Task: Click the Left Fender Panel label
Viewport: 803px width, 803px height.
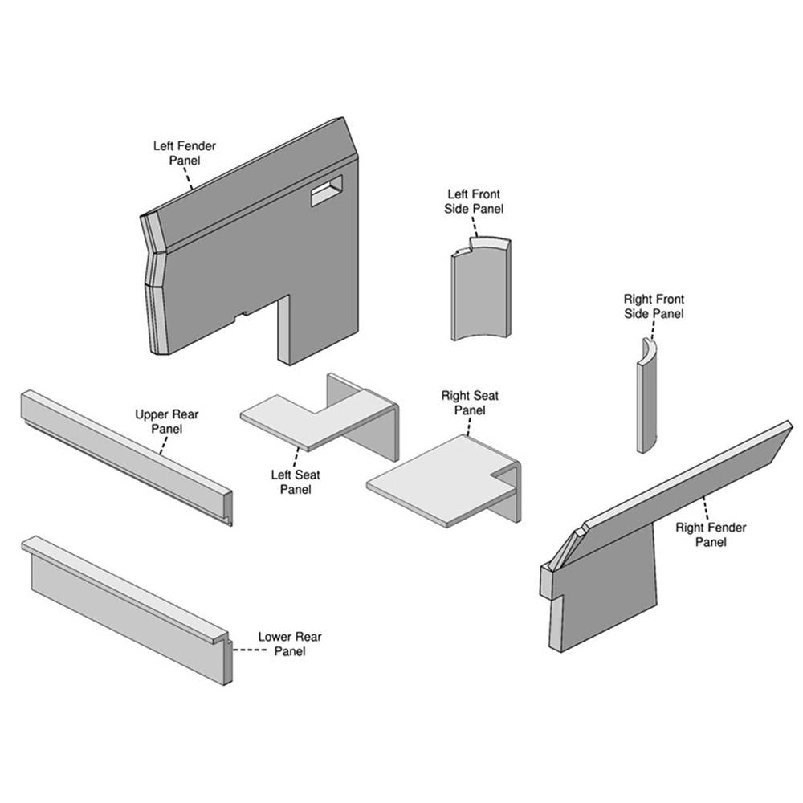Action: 185,153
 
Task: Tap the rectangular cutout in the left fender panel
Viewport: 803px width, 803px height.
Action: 327,190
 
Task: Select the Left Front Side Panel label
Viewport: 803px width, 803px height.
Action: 474,202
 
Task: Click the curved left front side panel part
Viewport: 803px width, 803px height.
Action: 481,289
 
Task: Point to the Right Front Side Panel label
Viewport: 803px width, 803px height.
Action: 654,306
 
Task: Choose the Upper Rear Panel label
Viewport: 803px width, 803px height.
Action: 166,422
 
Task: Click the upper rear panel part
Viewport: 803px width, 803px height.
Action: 125,457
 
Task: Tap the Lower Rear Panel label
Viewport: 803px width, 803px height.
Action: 289,644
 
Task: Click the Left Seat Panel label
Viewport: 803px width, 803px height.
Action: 296,482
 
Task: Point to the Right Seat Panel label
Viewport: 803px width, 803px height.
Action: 470,402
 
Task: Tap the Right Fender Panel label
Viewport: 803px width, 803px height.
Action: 711,534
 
